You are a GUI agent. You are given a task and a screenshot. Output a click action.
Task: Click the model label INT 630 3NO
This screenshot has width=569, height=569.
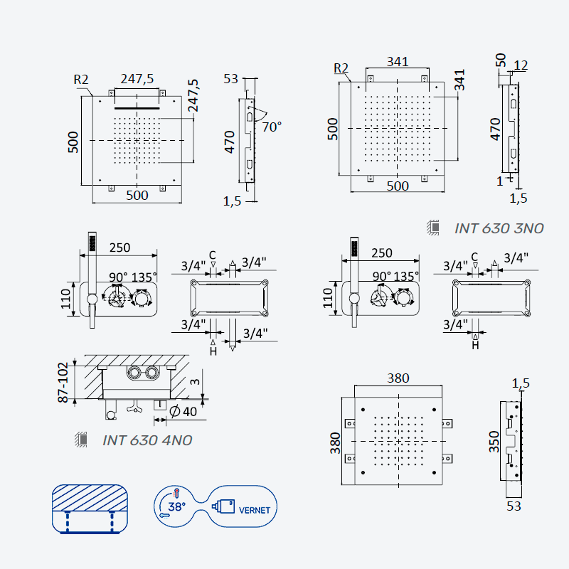click(x=499, y=228)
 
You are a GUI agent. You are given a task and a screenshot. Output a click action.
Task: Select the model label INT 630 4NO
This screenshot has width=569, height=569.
click(x=147, y=440)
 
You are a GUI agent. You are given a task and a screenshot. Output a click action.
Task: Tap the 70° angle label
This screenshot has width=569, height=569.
click(x=272, y=127)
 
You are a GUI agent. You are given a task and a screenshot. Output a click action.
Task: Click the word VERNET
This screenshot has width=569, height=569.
click(x=255, y=510)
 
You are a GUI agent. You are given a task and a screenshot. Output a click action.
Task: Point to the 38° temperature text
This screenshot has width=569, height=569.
click(x=176, y=506)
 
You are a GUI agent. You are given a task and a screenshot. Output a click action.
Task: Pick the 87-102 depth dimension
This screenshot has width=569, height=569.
click(x=63, y=382)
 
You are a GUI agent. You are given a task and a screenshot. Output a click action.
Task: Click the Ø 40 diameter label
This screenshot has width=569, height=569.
click(x=184, y=412)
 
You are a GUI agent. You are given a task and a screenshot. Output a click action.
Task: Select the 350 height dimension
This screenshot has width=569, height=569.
click(x=494, y=441)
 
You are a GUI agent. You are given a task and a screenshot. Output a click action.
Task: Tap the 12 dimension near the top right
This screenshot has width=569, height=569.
click(x=521, y=65)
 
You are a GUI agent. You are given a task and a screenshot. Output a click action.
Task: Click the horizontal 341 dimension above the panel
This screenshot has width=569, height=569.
click(x=398, y=61)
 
